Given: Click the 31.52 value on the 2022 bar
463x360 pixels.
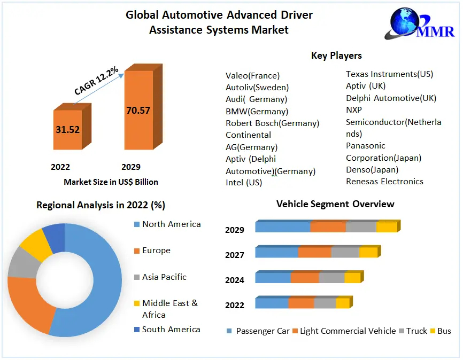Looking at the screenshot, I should tap(67, 129).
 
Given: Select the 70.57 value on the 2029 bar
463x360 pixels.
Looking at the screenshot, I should tap(138, 111).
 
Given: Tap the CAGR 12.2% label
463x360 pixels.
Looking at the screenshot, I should tap(97, 82).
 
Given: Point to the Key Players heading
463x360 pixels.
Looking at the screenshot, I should tap(336, 56).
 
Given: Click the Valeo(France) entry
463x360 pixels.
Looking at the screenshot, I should tap(252, 76).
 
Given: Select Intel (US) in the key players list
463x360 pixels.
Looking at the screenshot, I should tap(244, 183).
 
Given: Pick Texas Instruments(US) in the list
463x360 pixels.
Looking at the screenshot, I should tap(389, 74).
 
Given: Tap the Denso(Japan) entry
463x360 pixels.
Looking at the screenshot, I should tap(372, 169).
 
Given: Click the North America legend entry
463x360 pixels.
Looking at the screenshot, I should tap(171, 224).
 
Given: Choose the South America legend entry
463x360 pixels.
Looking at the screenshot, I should tap(171, 329).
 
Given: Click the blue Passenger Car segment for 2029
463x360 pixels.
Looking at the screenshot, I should tap(282, 227).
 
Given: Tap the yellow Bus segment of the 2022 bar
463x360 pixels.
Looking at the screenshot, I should tap(342, 303).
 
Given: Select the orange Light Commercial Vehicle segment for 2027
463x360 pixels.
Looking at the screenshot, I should tap(314, 252).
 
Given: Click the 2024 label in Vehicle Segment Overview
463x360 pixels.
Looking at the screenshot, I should tap(235, 280).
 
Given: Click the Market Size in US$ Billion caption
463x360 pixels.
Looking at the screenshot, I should tap(111, 182).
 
